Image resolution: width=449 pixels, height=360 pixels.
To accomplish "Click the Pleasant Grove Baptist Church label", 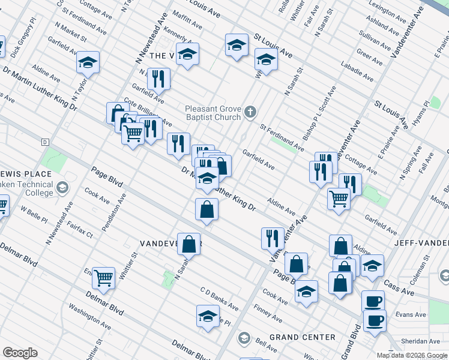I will (212, 113).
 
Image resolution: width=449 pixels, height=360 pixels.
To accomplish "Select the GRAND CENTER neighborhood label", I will (303, 337).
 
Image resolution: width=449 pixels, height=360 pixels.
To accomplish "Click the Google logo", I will (20, 353).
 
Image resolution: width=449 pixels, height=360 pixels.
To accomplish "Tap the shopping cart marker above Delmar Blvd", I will (104, 277).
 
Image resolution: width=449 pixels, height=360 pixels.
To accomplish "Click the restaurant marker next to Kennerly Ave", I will (158, 78).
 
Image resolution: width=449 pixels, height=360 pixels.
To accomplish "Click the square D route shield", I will (44, 142).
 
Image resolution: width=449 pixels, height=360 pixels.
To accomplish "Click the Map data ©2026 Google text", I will (412, 355).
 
